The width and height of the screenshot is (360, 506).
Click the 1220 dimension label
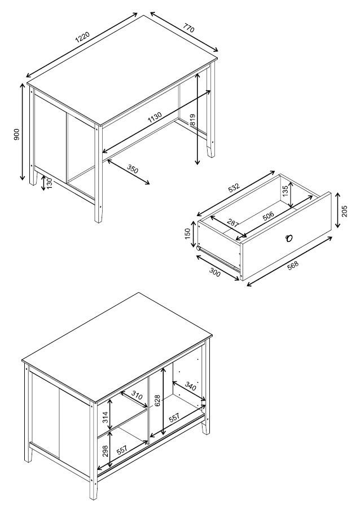click(82, 38)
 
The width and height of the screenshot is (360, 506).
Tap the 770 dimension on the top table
click(188, 28)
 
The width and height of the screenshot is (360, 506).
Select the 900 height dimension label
click(17, 134)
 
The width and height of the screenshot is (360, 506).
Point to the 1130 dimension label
click(155, 117)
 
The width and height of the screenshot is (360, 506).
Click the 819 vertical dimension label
click(193, 120)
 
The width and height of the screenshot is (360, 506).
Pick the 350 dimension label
click(133, 169)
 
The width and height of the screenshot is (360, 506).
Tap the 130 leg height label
click(50, 184)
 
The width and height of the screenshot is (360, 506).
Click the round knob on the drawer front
click(289, 238)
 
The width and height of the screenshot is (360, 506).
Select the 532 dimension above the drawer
click(234, 187)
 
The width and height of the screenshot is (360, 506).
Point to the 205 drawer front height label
click(344, 211)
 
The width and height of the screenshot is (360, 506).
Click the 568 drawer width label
click(293, 265)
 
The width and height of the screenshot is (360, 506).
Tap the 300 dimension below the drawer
click(215, 272)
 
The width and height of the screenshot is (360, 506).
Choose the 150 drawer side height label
click(187, 234)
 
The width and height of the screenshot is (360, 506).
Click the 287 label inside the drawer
click(233, 223)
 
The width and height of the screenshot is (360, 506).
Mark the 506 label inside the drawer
click(268, 215)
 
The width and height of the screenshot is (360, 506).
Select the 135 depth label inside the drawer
click(285, 191)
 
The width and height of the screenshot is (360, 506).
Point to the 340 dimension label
click(190, 386)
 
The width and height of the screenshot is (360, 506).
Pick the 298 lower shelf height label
click(105, 451)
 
